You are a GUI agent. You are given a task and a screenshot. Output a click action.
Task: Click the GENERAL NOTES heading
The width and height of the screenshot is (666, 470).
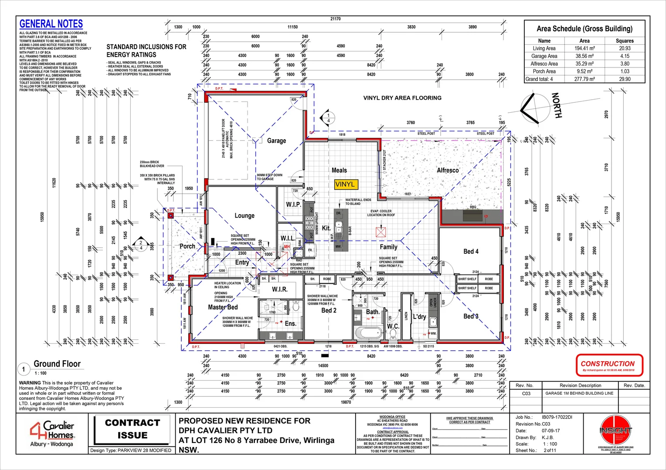tap(51, 24)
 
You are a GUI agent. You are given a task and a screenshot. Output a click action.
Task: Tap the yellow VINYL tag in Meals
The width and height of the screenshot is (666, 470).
tap(345, 184)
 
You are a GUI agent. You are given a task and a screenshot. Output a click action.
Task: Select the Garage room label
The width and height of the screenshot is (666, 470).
tap(276, 141)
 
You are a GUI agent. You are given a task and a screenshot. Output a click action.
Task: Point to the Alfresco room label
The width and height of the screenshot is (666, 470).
tap(448, 170)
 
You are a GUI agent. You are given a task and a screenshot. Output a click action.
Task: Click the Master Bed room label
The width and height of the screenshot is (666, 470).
tap(223, 307)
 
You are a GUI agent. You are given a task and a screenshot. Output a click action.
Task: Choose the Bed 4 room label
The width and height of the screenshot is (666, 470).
tap(471, 251)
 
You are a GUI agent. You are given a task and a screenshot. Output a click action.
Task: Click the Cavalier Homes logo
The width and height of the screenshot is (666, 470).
tap(52, 433)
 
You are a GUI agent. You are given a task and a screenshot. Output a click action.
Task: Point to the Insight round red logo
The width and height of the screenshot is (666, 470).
tap(615, 430)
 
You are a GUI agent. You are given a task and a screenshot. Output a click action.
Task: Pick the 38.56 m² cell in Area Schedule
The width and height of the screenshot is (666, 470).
tap(584, 56)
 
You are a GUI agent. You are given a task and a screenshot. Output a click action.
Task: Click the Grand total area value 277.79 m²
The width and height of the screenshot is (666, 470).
tap(584, 79)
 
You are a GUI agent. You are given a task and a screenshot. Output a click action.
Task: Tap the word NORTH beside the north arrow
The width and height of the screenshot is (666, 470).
tap(557, 105)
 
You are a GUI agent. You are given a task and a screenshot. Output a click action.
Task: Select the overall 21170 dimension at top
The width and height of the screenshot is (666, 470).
tap(335, 19)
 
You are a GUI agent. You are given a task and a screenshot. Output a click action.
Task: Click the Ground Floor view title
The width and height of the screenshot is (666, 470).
tap(57, 364)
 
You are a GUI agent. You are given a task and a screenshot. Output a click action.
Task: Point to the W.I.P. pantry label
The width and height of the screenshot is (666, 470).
tap(293, 204)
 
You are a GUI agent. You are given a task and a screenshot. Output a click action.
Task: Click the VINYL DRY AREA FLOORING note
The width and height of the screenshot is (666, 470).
tap(402, 98)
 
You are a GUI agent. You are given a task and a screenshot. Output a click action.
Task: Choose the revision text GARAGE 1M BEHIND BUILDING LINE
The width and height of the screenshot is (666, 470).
tap(579, 393)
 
